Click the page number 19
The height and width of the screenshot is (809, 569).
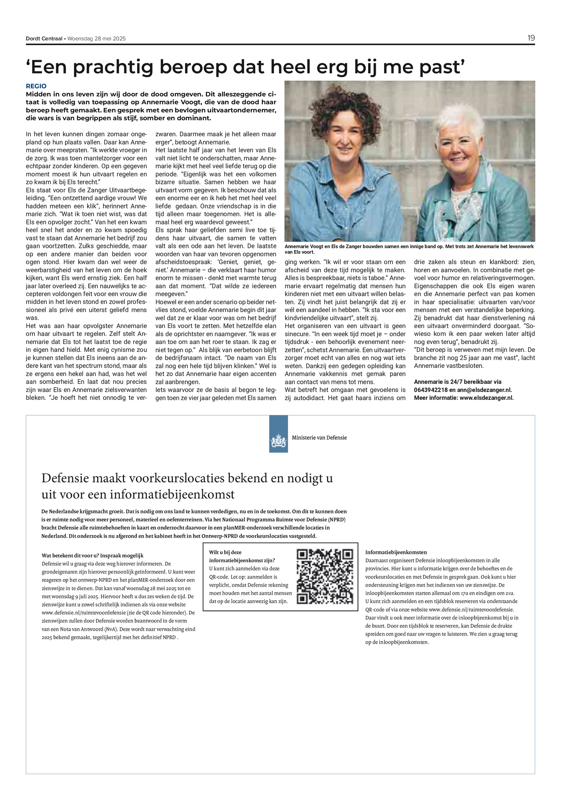click(x=531, y=38)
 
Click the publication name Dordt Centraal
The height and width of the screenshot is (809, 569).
click(x=44, y=39)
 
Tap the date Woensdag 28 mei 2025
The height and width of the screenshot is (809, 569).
click(x=97, y=39)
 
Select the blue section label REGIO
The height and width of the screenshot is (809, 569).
click(x=36, y=86)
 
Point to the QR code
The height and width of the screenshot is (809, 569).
click(x=325, y=577)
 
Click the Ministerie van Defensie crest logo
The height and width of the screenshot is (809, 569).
click(x=278, y=442)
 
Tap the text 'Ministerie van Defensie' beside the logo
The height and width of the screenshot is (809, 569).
click(x=319, y=438)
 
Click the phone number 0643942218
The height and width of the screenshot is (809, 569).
click(x=431, y=390)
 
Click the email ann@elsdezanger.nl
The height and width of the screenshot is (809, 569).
click(x=484, y=390)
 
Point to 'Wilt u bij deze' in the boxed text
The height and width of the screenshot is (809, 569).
click(x=225, y=552)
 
